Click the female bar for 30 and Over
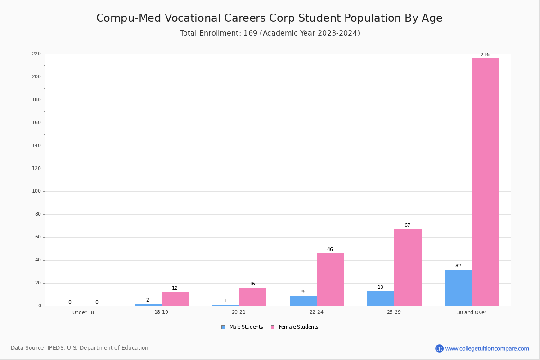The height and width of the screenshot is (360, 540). [486, 182]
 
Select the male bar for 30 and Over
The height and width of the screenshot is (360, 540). [459, 288]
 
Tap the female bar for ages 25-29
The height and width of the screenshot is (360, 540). [408, 268]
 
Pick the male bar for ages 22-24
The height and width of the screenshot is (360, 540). [303, 301]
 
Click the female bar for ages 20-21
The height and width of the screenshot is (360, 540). [252, 297]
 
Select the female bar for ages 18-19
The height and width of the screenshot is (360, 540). [175, 299]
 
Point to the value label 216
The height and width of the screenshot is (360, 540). [485, 55]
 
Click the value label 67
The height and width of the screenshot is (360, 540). [407, 225]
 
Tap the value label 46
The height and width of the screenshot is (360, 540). [330, 250]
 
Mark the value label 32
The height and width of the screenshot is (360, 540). [458, 265]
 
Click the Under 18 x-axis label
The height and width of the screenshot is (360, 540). [83, 312]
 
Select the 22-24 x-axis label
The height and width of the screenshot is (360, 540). [316, 312]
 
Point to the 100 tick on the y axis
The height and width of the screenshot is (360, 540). [36, 191]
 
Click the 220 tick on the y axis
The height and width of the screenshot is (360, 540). [36, 54]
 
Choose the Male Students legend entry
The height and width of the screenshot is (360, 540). [242, 327]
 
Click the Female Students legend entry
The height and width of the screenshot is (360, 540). [295, 327]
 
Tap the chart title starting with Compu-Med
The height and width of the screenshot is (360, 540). [270, 18]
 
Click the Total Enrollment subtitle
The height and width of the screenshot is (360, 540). [270, 33]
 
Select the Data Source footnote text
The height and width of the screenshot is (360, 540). [80, 348]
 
